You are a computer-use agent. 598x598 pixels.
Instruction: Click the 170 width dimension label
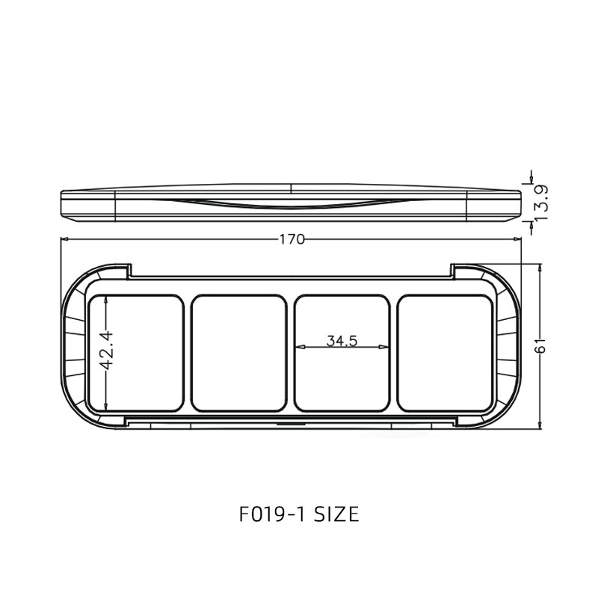tap(292, 239)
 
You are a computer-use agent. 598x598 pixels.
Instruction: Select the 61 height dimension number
tap(541, 345)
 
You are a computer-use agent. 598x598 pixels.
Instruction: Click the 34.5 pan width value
tap(342, 341)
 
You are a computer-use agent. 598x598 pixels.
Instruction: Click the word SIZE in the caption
tap(336, 514)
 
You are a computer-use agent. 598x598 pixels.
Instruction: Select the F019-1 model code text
tap(271, 514)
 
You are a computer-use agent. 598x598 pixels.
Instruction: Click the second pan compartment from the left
tap(239, 353)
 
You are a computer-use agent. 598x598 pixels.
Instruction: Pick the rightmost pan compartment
tap(446, 353)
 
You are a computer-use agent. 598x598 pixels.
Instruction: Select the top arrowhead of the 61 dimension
tap(540, 267)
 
